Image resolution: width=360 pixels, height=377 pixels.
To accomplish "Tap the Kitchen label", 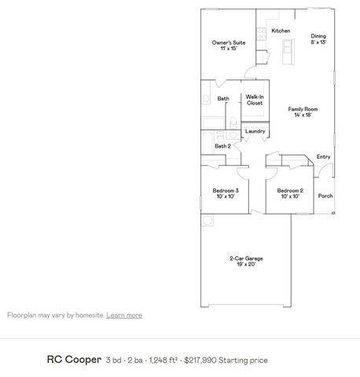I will point(281,31).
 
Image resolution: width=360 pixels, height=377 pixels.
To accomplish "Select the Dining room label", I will point(318,35).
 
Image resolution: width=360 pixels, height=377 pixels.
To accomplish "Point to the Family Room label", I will point(301,109).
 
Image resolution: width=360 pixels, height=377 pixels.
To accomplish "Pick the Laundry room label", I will point(255,130).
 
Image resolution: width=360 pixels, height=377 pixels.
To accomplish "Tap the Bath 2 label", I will point(223,145).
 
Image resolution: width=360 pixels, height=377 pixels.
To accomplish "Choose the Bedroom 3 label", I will point(226,190).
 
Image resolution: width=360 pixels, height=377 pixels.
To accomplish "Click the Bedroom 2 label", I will point(290,190).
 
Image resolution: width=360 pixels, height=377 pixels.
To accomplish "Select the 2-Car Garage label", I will point(246,258).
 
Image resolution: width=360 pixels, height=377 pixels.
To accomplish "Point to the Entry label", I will point(323,156).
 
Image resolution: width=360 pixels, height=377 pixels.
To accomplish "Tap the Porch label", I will point(325,196).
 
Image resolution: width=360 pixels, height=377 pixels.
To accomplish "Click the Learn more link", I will point(124,315).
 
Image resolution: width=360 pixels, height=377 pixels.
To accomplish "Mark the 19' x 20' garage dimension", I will point(246,265).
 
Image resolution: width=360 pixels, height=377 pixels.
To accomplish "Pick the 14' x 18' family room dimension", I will point(301,115).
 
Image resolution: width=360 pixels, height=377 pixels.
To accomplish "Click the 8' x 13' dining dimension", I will point(318,42).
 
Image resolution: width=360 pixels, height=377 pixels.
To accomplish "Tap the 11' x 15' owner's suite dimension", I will point(229,49).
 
